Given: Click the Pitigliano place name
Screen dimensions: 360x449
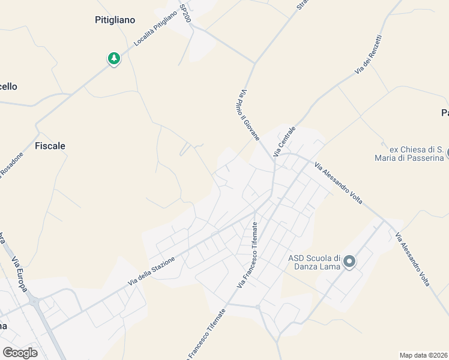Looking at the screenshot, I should pyautogui.click(x=115, y=20).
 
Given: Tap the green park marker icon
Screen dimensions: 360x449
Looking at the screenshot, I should pyautogui.click(x=113, y=58).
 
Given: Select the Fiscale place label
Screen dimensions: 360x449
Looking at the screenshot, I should pyautogui.click(x=50, y=146).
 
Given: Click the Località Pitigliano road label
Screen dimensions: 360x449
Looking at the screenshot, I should pyautogui.click(x=155, y=38).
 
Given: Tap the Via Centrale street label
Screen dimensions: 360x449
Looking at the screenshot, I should pyautogui.click(x=285, y=142).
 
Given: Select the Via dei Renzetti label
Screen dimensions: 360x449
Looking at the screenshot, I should pyautogui.click(x=368, y=55).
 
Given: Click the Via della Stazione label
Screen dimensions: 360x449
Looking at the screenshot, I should pyautogui.click(x=151, y=271).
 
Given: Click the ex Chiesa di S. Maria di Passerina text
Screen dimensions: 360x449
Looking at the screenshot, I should pyautogui.click(x=416, y=154).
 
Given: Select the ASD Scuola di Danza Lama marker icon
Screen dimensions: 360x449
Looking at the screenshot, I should pyautogui.click(x=349, y=262).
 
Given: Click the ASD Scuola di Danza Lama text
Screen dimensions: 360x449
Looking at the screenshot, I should pyautogui.click(x=315, y=262).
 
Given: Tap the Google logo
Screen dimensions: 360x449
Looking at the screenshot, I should pyautogui.click(x=20, y=353).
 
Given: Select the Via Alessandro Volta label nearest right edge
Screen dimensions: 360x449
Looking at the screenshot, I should pyautogui.click(x=414, y=259).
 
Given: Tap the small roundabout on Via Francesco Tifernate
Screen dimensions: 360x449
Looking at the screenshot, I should pyautogui.click(x=258, y=307).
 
